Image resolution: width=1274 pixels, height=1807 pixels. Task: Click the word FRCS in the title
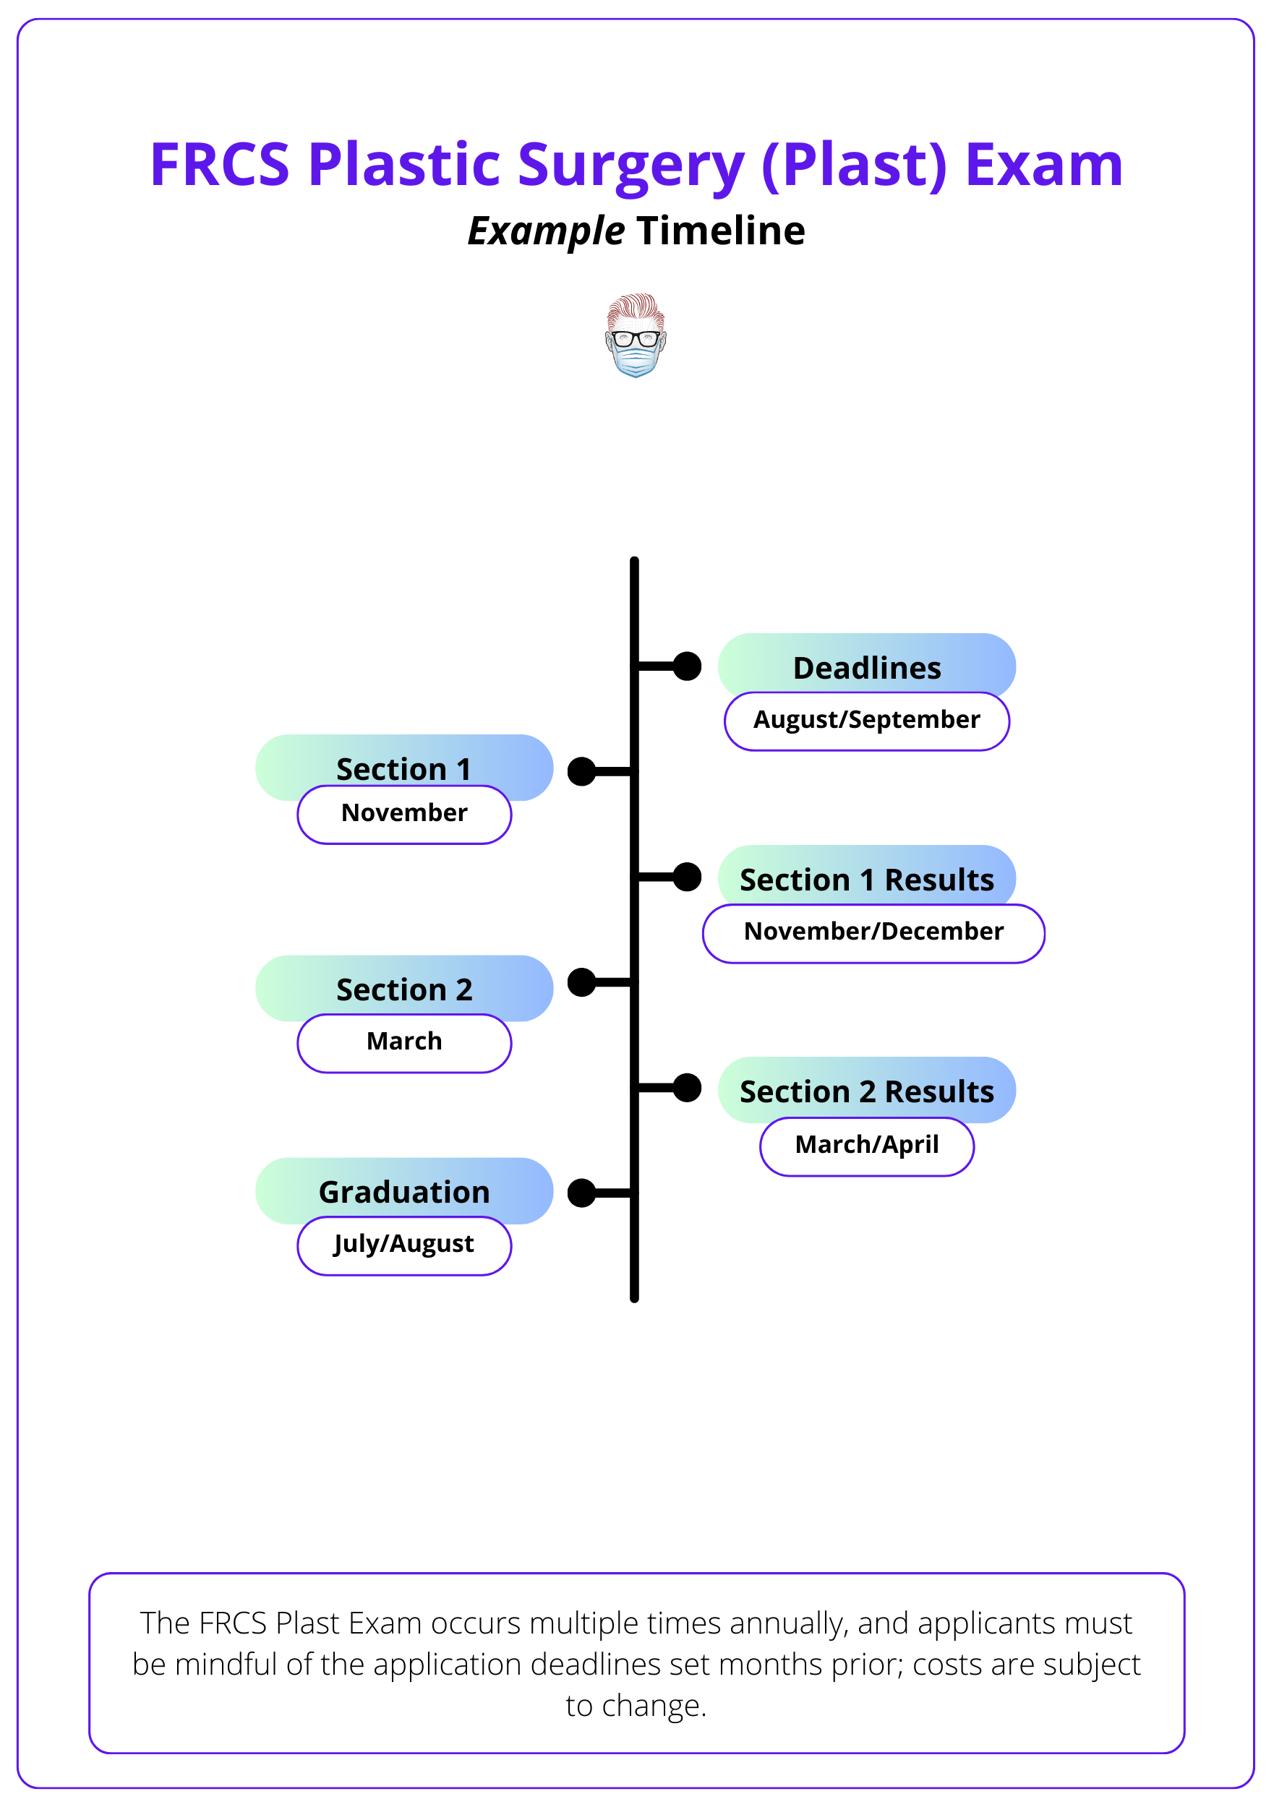(220, 166)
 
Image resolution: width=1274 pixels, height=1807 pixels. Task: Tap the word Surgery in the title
(630, 166)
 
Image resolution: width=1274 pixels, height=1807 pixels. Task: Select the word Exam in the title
(1043, 166)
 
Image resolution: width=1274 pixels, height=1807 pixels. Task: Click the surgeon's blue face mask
(636, 361)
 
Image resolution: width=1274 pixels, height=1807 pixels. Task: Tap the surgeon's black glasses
(636, 339)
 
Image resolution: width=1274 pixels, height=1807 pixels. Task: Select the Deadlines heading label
(866, 667)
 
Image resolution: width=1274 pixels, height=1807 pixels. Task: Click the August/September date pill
(866, 720)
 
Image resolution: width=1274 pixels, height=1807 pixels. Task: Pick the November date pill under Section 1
(404, 814)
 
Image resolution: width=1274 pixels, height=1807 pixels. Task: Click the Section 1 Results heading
(866, 878)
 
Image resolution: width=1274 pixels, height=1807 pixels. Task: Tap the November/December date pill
(873, 932)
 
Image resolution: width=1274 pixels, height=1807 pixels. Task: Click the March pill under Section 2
(404, 1042)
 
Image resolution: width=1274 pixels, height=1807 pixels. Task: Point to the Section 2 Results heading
(866, 1090)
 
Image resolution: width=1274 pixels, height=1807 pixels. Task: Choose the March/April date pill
(866, 1145)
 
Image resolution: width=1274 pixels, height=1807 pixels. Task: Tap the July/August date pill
(404, 1244)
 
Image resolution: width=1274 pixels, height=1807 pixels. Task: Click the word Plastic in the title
(404, 166)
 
